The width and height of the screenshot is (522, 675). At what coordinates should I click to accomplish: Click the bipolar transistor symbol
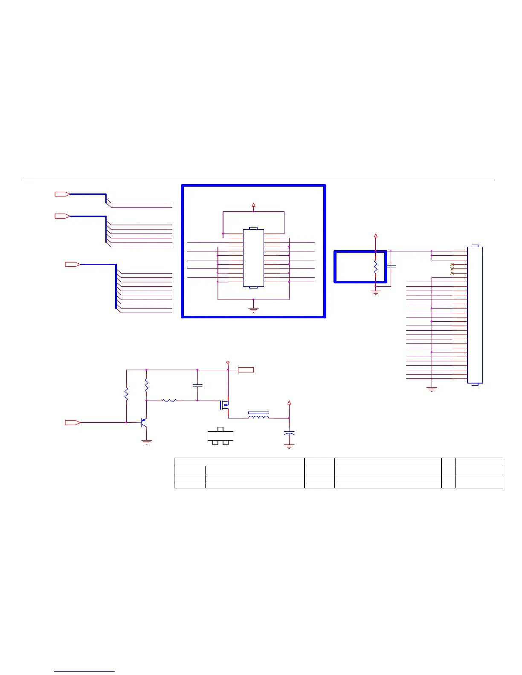(144, 423)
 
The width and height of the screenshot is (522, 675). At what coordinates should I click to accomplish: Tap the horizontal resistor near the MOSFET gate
(170, 401)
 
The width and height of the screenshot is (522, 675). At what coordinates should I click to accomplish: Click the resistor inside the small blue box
(376, 267)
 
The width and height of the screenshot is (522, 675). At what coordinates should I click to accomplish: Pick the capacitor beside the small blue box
(391, 267)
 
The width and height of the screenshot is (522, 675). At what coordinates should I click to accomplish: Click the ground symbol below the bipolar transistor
(147, 442)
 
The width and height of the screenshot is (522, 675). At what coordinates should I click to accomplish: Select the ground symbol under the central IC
(253, 310)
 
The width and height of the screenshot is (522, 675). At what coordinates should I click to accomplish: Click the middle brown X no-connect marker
(452, 269)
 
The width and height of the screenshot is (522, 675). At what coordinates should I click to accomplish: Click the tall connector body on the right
(475, 314)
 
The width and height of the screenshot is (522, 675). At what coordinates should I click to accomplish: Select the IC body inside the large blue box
(253, 258)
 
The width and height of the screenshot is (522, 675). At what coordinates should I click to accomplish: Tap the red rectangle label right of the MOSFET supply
(246, 370)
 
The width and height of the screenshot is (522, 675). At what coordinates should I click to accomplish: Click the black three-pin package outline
(220, 436)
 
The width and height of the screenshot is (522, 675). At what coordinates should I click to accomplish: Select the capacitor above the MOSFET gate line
(197, 386)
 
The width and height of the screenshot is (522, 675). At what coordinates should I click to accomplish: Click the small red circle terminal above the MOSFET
(228, 362)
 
